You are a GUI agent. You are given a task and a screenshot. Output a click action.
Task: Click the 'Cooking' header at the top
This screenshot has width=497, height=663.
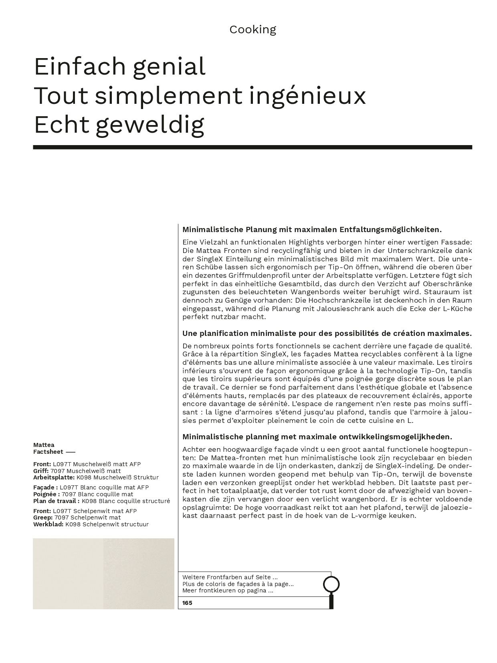tap(253, 30)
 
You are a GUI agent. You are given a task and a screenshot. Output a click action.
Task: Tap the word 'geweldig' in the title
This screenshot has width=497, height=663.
tap(150, 125)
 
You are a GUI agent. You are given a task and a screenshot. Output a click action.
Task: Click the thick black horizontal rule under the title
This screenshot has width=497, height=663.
tap(253, 147)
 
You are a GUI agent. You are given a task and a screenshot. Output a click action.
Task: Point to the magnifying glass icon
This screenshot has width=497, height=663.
tap(331, 585)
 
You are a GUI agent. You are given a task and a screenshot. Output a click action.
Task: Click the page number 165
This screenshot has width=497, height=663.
tap(187, 603)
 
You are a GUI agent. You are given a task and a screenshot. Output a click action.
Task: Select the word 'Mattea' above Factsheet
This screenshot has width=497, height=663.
tap(44, 445)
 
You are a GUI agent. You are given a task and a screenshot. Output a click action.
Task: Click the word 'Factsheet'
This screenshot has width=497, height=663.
tap(48, 452)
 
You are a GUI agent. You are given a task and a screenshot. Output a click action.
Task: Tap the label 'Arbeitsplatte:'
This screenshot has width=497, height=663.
tap(54, 477)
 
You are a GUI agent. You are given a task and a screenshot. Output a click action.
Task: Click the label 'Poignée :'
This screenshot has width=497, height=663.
tap(46, 494)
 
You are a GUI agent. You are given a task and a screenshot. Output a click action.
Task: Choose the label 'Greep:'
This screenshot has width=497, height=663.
tap(43, 517)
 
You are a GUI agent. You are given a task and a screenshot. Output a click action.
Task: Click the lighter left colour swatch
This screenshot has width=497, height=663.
tap(68, 574)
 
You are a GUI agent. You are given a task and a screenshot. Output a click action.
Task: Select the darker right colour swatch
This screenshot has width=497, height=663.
tap(139, 574)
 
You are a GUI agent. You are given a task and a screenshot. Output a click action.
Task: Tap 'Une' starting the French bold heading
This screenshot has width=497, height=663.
tap(189, 334)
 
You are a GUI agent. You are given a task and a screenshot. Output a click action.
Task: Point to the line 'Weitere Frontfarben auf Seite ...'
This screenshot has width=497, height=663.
tap(230, 577)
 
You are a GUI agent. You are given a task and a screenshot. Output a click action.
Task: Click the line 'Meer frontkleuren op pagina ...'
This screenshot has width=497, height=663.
tap(228, 590)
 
